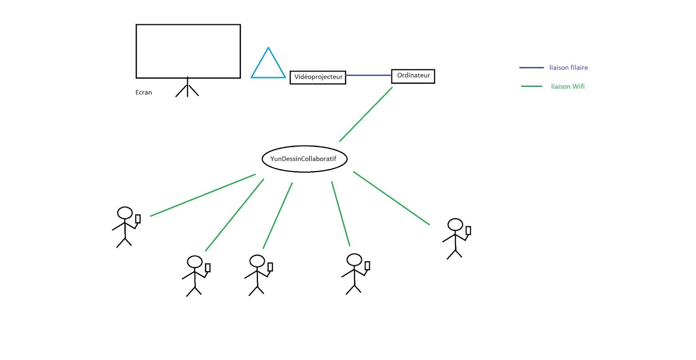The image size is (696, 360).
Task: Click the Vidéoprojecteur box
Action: point(318,77)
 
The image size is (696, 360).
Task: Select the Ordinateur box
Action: point(413,76)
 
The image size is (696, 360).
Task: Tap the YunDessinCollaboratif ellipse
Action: point(304,159)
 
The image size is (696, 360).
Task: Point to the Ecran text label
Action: point(144,92)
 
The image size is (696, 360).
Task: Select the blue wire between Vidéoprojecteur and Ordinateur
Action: point(368,75)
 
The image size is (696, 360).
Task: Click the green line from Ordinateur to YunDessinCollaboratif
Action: point(366,114)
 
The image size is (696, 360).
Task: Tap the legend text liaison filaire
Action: point(568,67)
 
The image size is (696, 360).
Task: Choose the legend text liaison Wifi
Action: point(568,87)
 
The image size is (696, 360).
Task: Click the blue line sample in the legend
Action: point(532,67)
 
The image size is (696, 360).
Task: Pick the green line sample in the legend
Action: point(532,86)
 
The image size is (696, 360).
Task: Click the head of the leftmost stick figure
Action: point(125,213)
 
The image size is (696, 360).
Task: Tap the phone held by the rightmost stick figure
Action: point(468,230)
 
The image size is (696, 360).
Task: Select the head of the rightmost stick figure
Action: point(455,224)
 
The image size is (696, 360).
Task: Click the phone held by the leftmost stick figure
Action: point(138,219)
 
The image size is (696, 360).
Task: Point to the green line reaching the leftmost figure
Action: point(203,195)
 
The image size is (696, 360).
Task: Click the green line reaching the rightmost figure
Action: point(391,198)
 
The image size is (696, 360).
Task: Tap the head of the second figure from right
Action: point(354,260)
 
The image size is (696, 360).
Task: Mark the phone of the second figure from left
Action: point(207,267)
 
